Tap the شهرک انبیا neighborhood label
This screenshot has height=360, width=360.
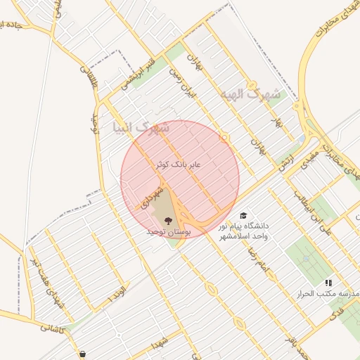[x=141, y=128]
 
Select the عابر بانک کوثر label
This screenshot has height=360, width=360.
[x=179, y=164]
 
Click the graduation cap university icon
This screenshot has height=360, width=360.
[x=243, y=216]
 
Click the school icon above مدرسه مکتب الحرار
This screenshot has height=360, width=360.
[x=328, y=283]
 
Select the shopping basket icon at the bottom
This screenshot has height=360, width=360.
[x=84, y=354]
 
